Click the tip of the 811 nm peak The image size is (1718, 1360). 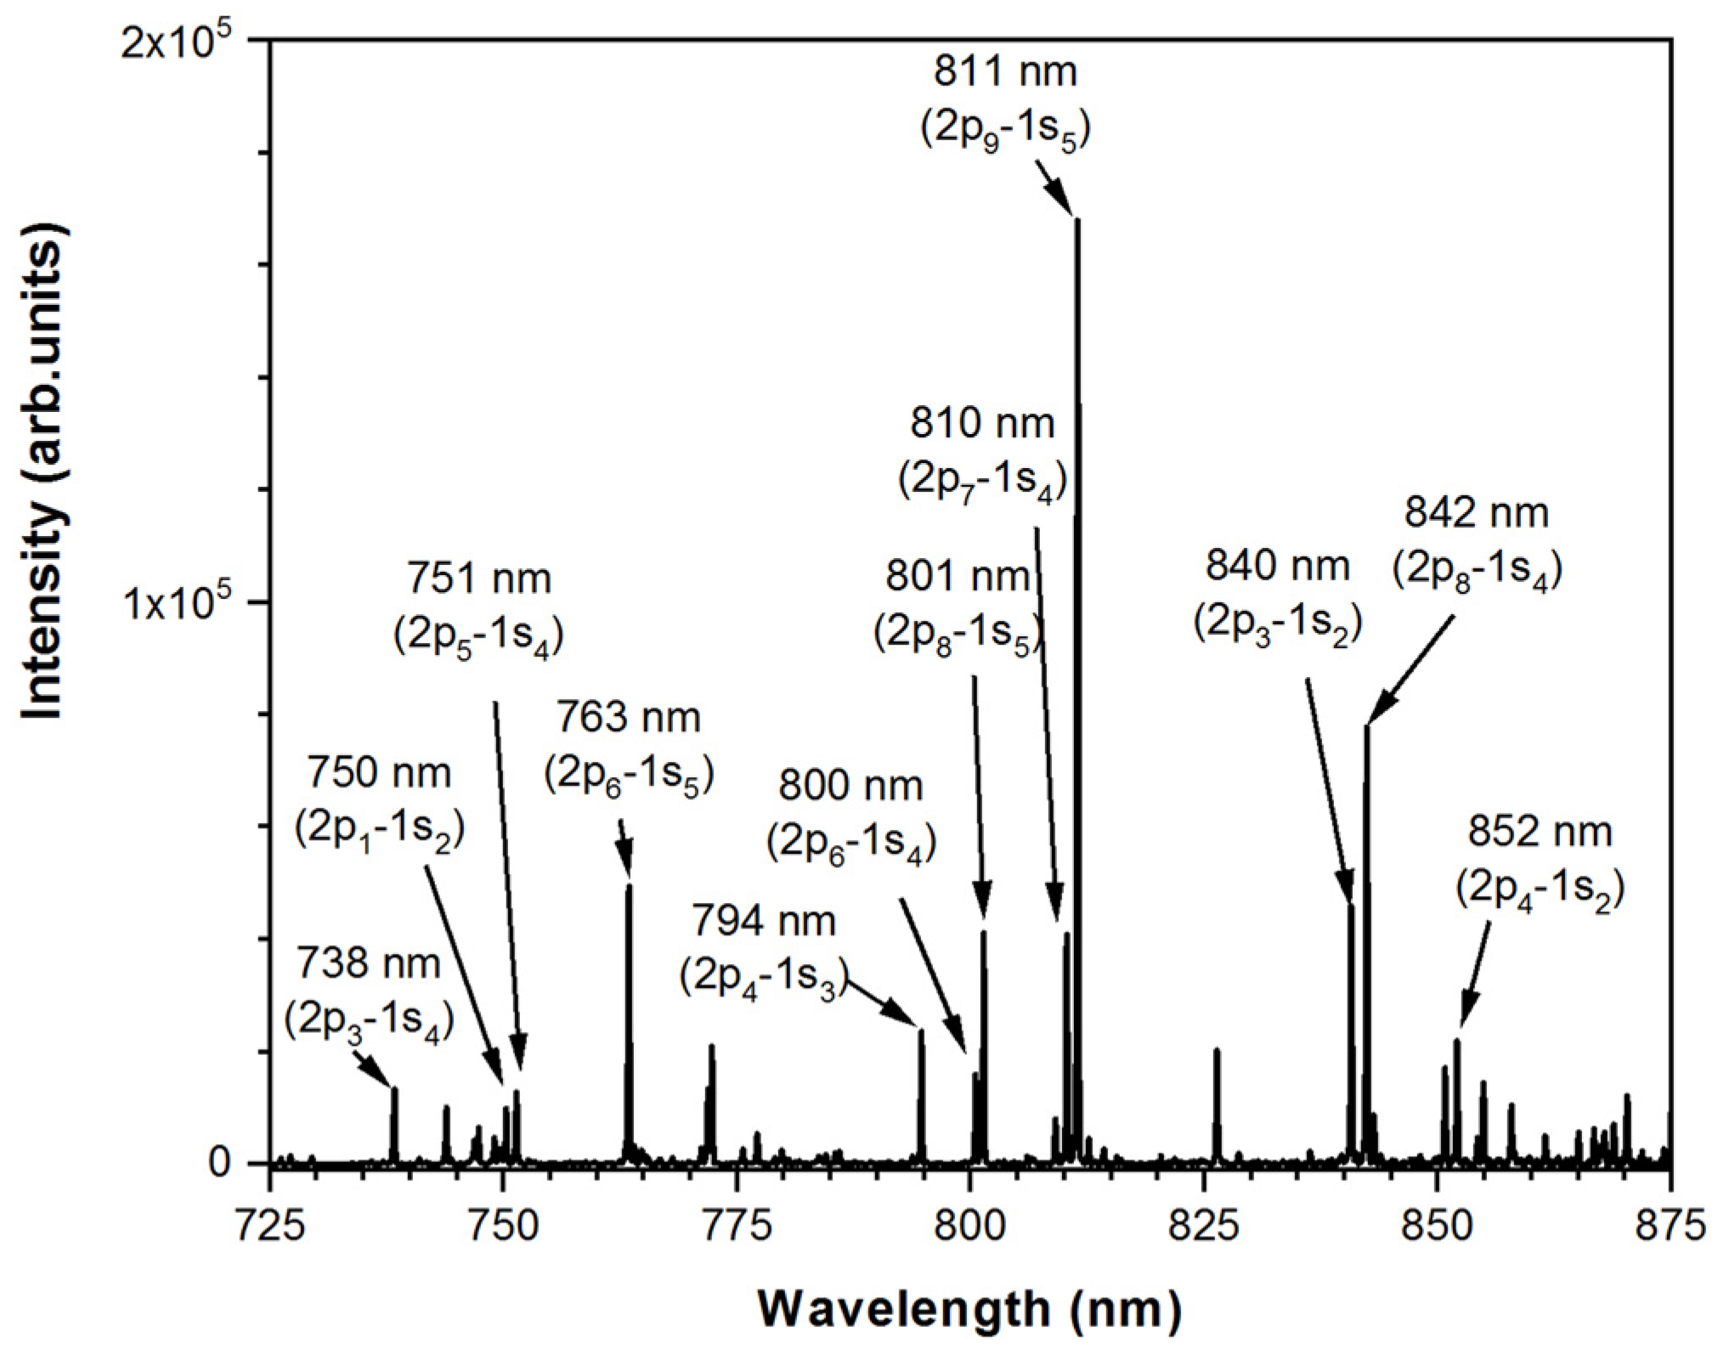click(x=1077, y=221)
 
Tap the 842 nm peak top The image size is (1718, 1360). click(x=1366, y=727)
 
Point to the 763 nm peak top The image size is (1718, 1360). click(x=629, y=886)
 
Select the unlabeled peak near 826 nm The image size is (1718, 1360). click(x=1217, y=1051)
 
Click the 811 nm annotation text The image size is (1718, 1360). click(x=1005, y=71)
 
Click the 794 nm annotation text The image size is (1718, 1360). click(x=763, y=921)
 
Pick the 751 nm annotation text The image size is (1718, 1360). click(x=479, y=579)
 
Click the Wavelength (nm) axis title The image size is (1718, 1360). click(x=969, y=1309)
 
